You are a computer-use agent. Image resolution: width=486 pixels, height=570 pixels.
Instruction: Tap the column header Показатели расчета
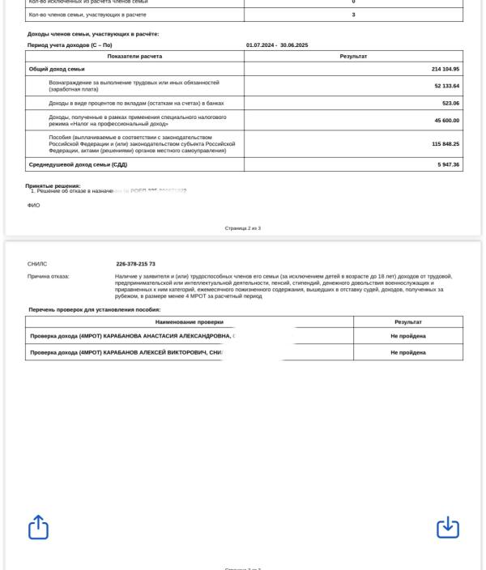point(134,56)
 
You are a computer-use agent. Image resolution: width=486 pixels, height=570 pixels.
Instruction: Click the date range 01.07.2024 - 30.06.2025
point(277,45)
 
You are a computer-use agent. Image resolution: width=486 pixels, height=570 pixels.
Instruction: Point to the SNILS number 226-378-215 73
point(136,264)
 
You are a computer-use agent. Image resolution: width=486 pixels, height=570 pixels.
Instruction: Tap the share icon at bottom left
point(39,528)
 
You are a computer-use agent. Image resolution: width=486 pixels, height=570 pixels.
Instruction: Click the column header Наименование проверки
point(189,321)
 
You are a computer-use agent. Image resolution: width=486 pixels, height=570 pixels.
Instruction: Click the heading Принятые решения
point(53,185)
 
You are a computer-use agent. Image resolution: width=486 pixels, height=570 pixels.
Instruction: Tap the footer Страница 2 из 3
point(242,228)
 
